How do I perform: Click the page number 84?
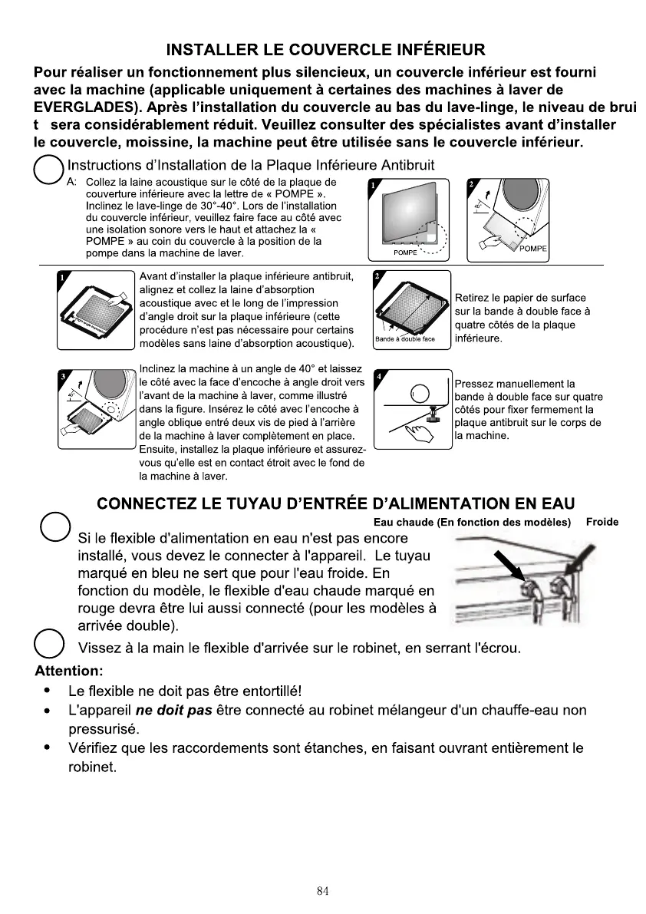(x=322, y=891)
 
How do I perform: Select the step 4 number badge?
(x=377, y=378)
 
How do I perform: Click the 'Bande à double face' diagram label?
(x=405, y=338)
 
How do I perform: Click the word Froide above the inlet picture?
(x=602, y=522)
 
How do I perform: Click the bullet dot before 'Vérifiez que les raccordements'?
(x=49, y=747)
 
